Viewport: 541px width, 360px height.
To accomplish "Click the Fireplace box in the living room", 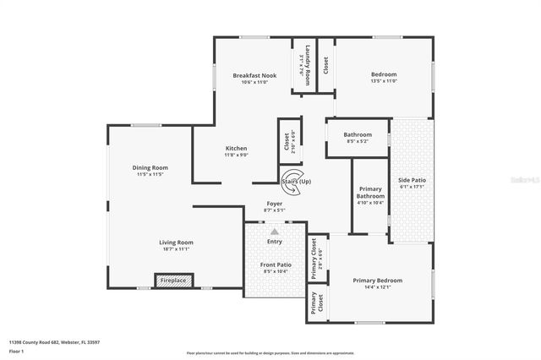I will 174,281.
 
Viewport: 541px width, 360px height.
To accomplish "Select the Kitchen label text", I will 236,148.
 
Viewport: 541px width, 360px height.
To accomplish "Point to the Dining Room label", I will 150,167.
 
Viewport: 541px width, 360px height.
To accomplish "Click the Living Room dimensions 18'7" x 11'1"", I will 176,249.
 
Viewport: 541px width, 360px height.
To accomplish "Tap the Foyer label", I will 274,204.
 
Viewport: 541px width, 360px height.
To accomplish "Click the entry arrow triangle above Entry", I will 274,229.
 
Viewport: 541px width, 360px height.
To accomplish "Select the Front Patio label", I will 275,265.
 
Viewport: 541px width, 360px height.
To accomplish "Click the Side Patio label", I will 410,180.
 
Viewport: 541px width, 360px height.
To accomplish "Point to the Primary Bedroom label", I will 377,280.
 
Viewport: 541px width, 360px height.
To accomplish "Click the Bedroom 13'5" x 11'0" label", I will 384,74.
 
